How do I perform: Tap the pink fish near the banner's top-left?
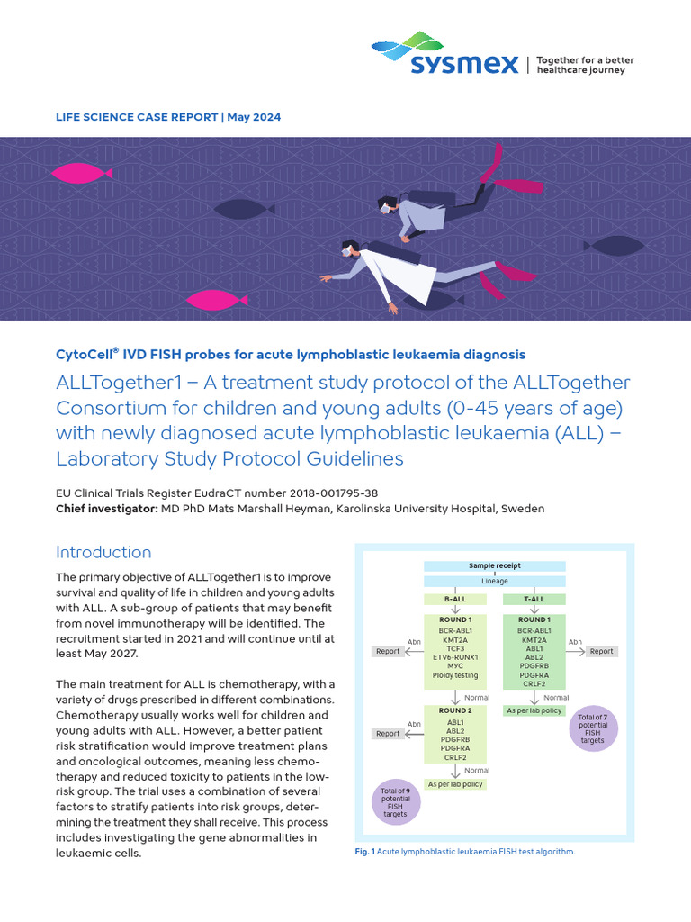81,172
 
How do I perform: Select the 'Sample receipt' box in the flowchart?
494,566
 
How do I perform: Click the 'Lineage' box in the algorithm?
494,582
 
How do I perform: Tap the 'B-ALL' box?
454,599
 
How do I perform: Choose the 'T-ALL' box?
534,599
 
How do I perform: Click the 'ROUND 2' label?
454,710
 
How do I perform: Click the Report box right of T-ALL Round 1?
602,651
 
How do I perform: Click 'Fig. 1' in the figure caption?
364,851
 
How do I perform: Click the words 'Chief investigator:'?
106,509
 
